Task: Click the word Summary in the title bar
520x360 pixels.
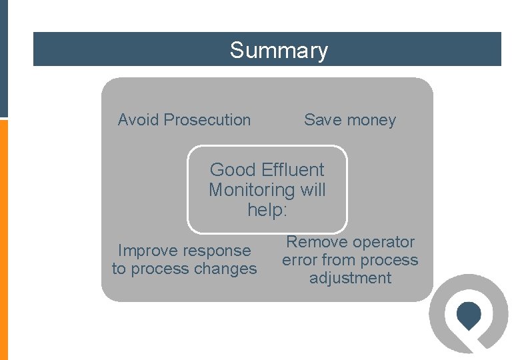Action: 279,51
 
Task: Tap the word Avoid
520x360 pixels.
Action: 139,120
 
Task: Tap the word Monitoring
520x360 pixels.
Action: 252,190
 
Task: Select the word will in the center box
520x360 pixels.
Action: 313,190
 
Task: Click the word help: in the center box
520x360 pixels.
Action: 267,210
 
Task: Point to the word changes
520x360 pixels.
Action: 225,269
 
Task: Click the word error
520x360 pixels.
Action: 299,260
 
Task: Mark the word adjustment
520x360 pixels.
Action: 350,279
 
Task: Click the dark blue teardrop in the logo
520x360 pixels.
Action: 469,315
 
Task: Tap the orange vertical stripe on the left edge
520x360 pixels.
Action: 3,240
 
